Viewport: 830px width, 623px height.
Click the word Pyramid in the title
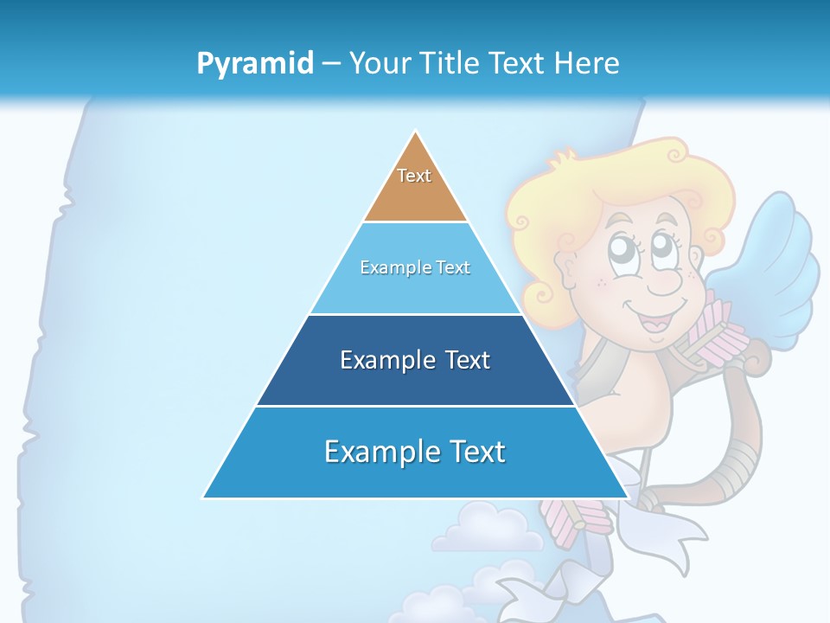click(x=255, y=64)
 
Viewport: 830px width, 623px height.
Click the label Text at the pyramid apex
click(x=414, y=176)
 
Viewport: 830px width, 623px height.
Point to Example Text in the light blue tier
click(x=415, y=267)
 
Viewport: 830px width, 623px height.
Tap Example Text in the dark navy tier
click(x=415, y=360)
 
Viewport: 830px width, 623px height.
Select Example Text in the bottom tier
click(x=415, y=452)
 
